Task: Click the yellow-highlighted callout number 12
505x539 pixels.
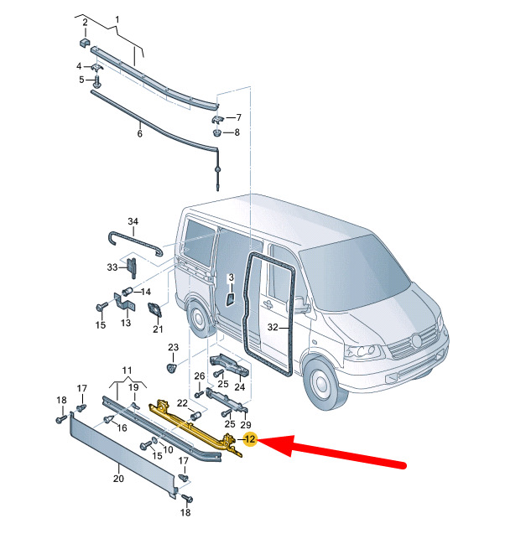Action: pos(250,439)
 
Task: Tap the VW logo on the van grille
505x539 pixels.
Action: pos(417,340)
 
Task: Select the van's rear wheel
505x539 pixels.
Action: pos(198,318)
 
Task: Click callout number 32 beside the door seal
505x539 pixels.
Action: pos(273,327)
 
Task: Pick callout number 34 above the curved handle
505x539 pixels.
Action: pos(133,221)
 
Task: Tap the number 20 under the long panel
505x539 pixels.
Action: pos(118,478)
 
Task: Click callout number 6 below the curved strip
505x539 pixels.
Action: pos(139,133)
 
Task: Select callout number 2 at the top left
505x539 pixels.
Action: pos(85,23)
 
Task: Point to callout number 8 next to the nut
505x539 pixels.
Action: pos(237,132)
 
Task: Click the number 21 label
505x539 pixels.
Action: pos(158,329)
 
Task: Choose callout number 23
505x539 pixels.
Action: pos(174,347)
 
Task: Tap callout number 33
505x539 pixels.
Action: pos(112,267)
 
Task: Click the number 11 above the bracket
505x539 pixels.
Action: pos(127,371)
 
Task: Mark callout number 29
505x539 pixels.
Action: pos(246,425)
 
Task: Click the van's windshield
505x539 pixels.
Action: pos(354,274)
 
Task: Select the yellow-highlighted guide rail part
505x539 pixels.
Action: pos(196,428)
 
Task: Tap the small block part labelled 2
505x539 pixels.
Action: pos(85,44)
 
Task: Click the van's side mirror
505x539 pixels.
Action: pos(300,304)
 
